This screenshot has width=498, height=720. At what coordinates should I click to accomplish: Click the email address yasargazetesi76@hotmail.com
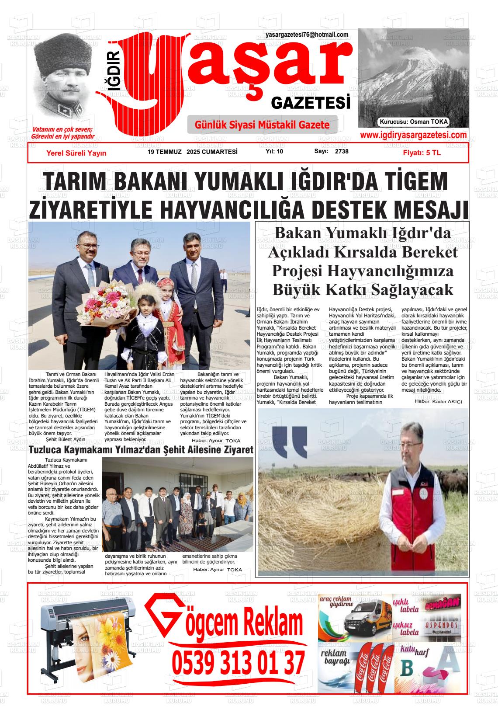(307, 35)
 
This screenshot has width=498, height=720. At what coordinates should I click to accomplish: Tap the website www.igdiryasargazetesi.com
(413, 135)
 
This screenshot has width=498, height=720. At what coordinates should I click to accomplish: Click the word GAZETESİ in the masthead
(311, 103)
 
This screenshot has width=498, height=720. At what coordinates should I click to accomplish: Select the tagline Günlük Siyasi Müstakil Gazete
(262, 125)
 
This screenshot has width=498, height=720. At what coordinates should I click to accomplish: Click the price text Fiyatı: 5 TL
(422, 153)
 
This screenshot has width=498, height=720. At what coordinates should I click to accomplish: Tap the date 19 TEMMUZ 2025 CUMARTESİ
(193, 152)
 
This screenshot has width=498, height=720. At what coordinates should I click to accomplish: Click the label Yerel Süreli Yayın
(76, 153)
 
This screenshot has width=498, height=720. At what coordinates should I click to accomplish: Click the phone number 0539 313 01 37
(238, 663)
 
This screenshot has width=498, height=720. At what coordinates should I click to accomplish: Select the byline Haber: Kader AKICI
(438, 401)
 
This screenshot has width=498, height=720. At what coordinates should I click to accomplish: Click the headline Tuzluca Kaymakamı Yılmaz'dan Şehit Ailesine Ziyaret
(141, 450)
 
